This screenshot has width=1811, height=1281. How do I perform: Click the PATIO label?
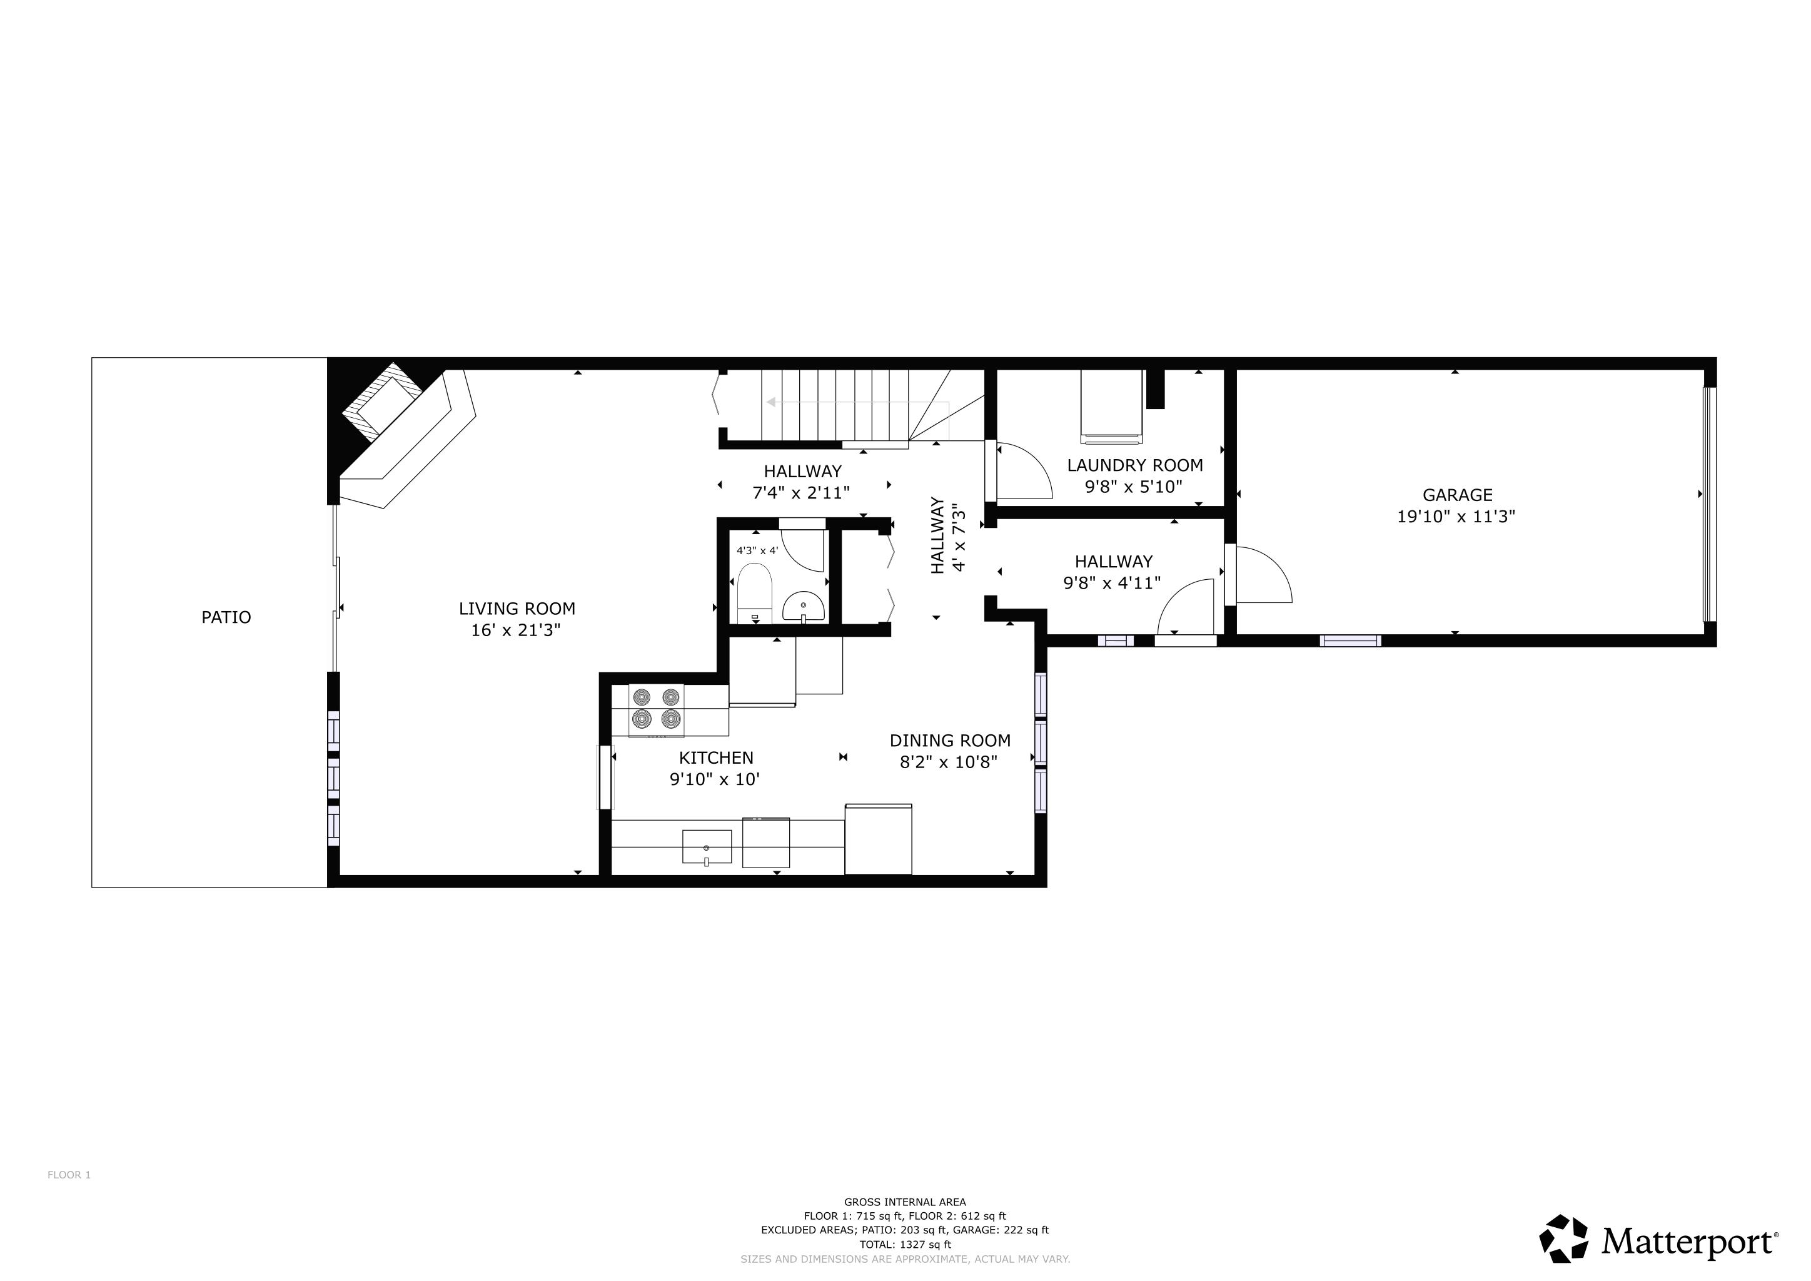tap(226, 617)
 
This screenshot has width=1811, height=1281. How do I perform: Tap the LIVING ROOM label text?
tap(517, 609)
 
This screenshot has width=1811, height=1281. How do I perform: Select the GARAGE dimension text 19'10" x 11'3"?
tap(1457, 517)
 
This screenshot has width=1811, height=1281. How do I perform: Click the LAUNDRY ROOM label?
tap(1135, 465)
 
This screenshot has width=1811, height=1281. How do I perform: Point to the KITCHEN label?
tap(716, 758)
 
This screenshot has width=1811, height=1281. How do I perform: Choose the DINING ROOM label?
tap(951, 741)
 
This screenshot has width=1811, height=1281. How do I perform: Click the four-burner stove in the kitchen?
tap(656, 709)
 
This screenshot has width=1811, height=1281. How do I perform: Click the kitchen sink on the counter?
tap(707, 847)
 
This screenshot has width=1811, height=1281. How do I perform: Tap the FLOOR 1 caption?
tap(69, 1175)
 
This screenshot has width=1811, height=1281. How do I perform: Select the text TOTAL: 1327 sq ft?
tap(905, 1245)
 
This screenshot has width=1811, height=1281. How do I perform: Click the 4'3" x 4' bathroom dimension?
tap(757, 550)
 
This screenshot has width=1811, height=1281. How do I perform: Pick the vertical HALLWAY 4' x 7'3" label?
tap(948, 535)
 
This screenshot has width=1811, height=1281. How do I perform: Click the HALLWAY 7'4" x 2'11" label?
tap(802, 482)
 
